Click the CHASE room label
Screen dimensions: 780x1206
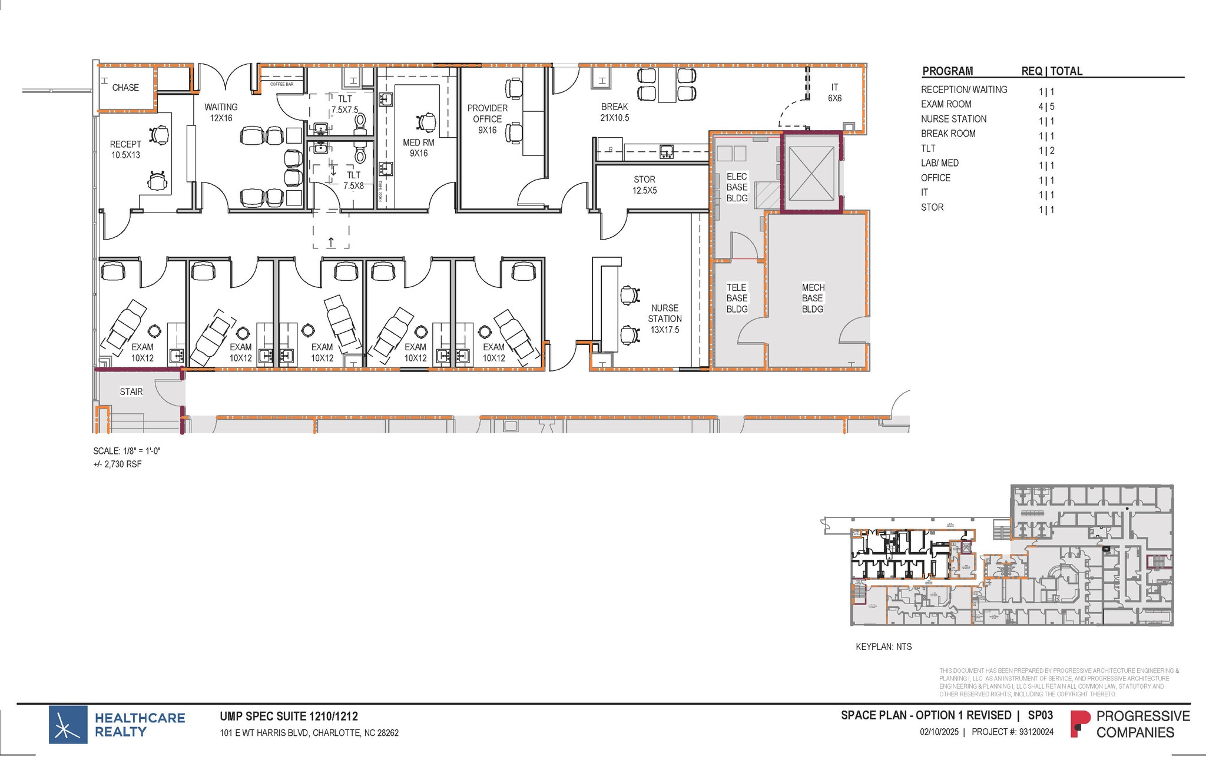click(125, 88)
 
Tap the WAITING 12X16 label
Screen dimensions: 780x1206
click(221, 112)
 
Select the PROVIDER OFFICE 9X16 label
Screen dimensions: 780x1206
click(488, 119)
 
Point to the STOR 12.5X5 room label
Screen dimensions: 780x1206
click(644, 185)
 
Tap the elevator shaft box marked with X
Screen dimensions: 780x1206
click(811, 174)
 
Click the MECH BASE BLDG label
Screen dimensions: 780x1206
click(813, 298)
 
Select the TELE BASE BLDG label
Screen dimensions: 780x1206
click(737, 298)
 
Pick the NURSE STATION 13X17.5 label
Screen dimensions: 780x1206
click(665, 318)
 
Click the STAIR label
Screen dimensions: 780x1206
click(131, 391)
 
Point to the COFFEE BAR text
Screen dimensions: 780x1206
click(281, 84)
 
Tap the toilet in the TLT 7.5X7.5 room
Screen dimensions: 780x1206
click(360, 121)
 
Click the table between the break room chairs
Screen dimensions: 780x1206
click(667, 85)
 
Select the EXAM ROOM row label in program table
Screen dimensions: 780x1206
click(946, 104)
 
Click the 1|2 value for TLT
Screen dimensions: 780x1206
click(1046, 151)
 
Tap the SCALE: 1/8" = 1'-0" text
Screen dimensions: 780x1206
click(127, 451)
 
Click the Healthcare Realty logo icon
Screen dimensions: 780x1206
click(68, 725)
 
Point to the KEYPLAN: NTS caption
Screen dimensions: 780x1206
click(883, 646)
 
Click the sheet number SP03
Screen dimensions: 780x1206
click(1041, 715)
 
